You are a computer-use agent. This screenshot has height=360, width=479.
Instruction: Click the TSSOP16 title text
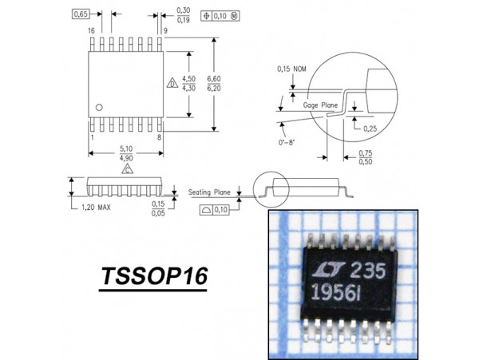[x=153, y=277]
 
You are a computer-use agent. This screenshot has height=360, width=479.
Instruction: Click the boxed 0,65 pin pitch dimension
[x=81, y=14]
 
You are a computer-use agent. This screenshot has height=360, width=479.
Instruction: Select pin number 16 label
[x=92, y=30]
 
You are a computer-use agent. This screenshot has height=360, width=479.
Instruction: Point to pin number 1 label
[x=92, y=137]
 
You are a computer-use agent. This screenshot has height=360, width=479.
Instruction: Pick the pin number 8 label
[x=160, y=137]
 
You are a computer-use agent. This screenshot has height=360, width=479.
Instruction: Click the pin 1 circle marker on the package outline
[x=99, y=107]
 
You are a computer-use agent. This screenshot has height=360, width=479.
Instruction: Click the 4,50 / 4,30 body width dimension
[x=189, y=83]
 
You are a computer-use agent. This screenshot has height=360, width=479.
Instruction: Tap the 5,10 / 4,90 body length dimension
[x=126, y=153]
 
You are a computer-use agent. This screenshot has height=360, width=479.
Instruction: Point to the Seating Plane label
[x=210, y=192]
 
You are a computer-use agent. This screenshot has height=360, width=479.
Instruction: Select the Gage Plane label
[x=321, y=104]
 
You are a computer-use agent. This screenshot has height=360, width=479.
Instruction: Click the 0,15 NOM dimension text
[x=292, y=69]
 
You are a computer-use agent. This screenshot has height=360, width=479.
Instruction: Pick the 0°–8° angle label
[x=291, y=142]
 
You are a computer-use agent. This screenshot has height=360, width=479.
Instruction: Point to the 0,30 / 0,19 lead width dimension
[x=184, y=14]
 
